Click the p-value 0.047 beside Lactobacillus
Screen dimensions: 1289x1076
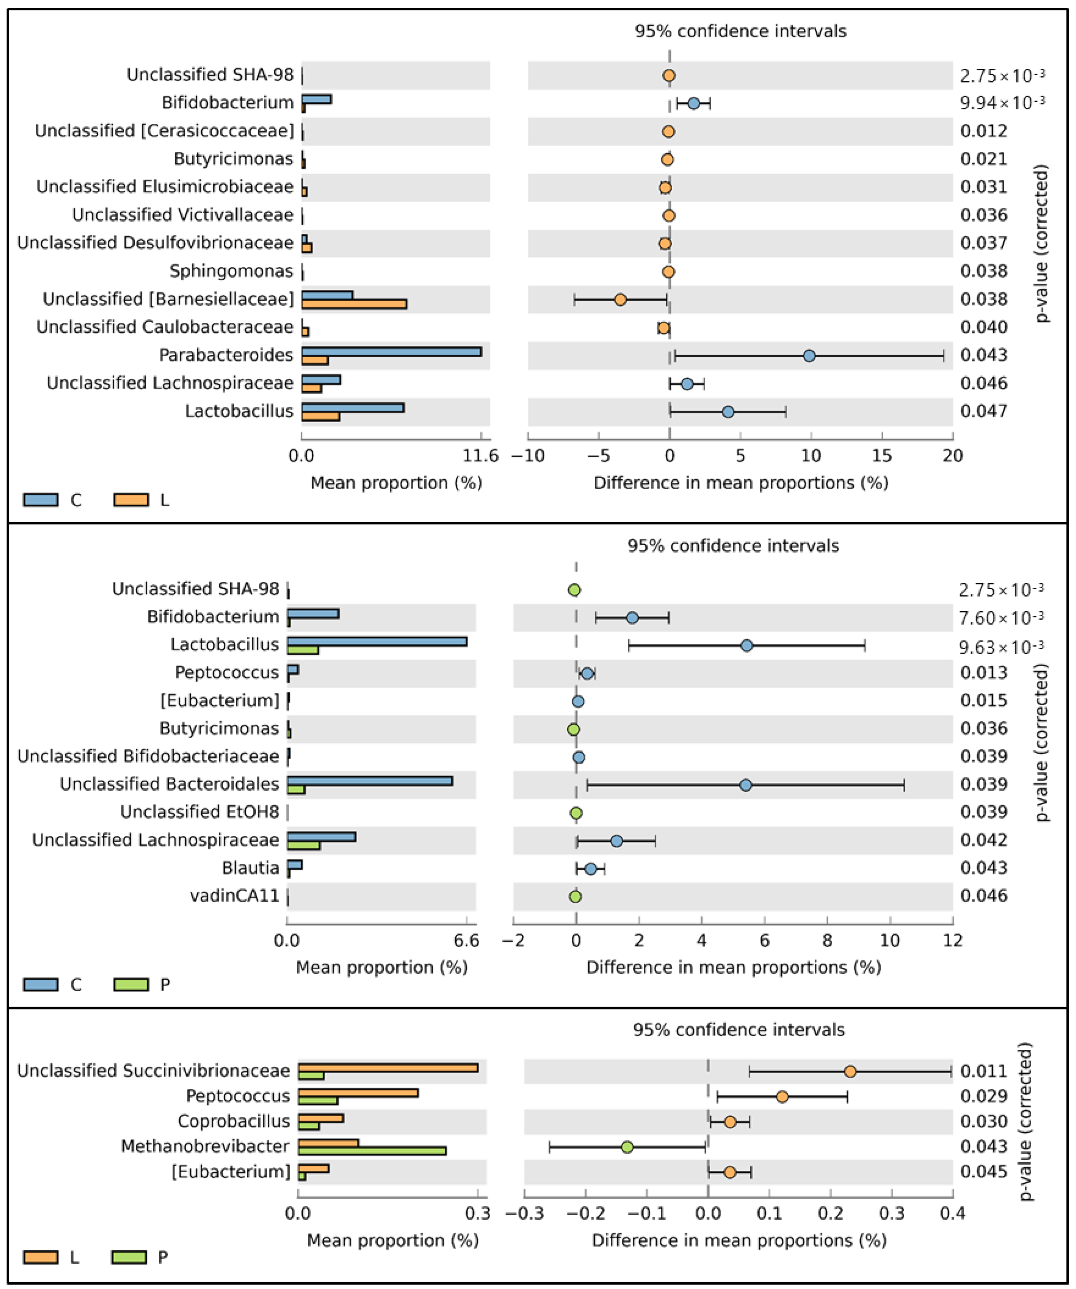[983, 411]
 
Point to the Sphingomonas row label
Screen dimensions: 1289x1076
[232, 271]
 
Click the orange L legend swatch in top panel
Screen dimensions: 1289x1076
[131, 500]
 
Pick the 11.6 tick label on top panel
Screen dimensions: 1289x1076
[481, 456]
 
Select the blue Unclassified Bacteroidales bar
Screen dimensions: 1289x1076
[370, 781]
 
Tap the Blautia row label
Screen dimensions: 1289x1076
[251, 868]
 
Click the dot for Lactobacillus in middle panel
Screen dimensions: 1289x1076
[746, 646]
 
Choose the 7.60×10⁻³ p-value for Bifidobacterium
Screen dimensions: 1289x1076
[1001, 617]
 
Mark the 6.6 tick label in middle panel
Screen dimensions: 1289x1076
[466, 940]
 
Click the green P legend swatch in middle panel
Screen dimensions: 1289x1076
[131, 985]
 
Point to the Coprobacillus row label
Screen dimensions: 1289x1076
[233, 1122]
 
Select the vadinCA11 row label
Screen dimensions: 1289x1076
[234, 896]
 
